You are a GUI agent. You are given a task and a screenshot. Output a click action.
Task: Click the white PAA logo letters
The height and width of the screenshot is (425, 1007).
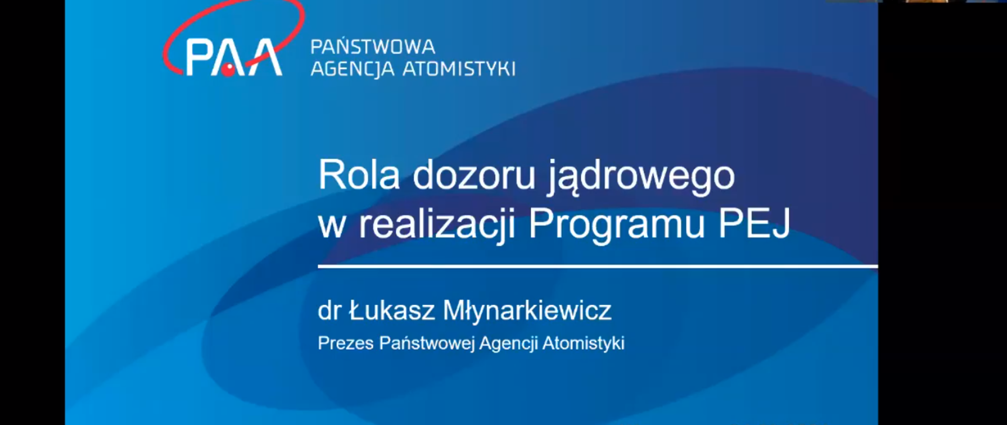233,57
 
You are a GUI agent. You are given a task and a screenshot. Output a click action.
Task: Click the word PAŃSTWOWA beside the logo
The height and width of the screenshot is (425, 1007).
372,47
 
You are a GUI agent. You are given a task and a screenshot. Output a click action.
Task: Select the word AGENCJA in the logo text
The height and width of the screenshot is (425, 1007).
352,69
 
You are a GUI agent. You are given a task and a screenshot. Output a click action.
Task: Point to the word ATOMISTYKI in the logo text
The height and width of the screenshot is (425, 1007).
458,69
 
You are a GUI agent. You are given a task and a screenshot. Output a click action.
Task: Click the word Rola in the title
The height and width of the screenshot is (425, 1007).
359,175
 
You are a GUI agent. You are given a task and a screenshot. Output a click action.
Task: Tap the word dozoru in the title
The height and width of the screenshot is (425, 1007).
474,175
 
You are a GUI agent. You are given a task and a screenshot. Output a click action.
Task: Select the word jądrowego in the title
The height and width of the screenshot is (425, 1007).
641,177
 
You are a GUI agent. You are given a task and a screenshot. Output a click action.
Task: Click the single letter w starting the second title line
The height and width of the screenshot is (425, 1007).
331,225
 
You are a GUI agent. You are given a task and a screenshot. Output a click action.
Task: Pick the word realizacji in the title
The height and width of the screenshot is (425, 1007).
436,224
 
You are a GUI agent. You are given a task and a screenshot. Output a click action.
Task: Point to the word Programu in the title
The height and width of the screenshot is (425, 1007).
616,225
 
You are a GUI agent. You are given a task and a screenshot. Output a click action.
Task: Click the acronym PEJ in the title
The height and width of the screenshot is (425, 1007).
754,224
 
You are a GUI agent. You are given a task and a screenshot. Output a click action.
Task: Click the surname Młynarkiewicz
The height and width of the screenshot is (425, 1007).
527,311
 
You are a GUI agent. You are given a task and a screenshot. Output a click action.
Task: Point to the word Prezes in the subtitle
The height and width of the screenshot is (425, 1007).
346,343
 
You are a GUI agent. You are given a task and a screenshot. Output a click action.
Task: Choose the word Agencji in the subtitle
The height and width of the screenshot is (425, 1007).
508,344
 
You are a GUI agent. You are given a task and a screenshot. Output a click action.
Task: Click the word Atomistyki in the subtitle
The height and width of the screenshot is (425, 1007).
583,343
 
